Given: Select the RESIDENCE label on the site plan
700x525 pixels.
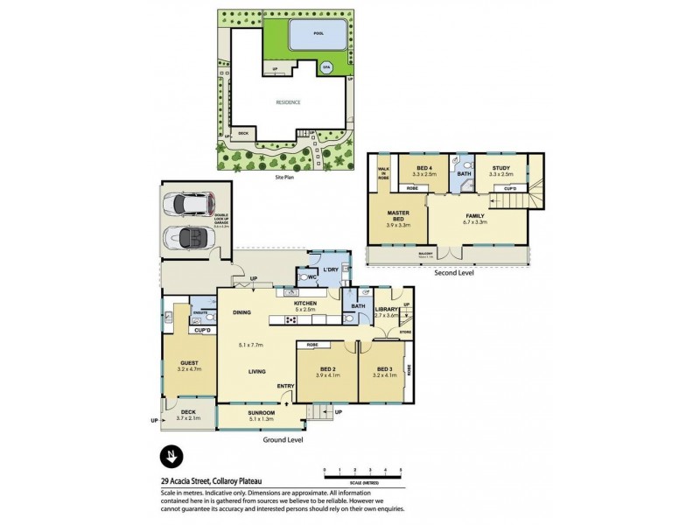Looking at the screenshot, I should point(289,102).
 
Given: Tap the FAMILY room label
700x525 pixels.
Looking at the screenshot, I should point(476,215).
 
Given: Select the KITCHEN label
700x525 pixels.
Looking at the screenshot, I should point(304,304).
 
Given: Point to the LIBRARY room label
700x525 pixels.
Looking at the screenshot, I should point(387,308).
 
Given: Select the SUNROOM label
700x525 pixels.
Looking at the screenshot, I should point(262,412).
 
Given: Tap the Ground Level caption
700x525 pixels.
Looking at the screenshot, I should point(282,440).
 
